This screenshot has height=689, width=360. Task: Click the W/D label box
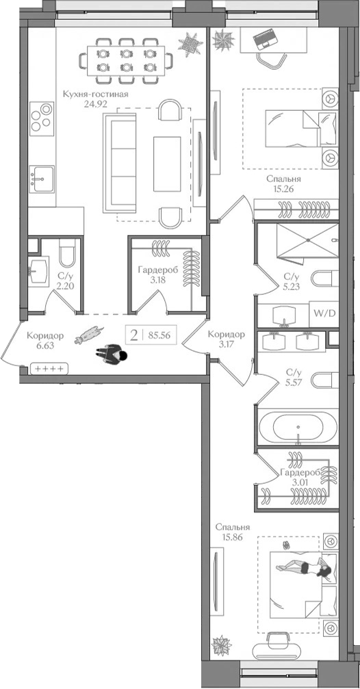pos(324,314)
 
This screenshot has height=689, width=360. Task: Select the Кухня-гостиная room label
pos(95,94)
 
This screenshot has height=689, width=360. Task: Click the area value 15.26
pos(283,190)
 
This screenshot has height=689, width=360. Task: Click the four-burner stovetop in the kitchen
pos(42,117)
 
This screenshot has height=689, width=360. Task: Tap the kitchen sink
pos(42,179)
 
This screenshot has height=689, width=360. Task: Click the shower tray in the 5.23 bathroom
pos(307,242)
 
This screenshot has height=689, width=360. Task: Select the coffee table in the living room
pos(167,164)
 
